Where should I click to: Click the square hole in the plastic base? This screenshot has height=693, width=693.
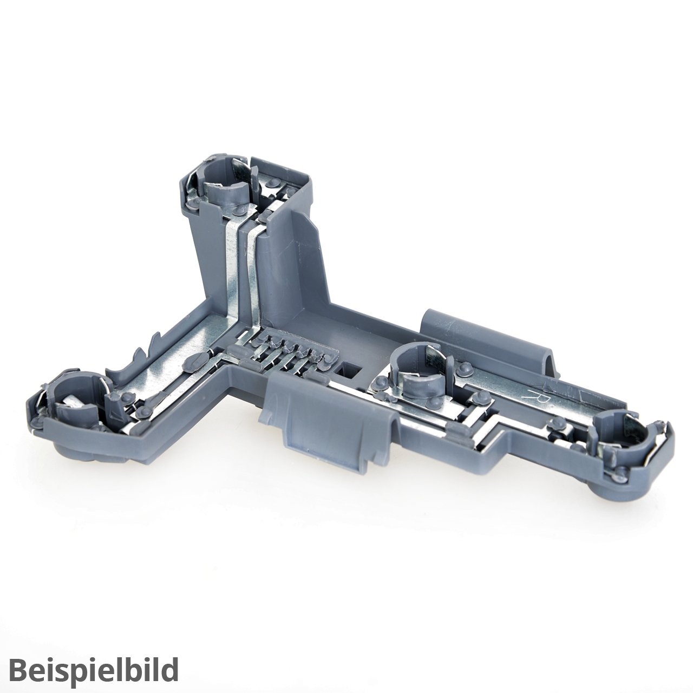point(349,371)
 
